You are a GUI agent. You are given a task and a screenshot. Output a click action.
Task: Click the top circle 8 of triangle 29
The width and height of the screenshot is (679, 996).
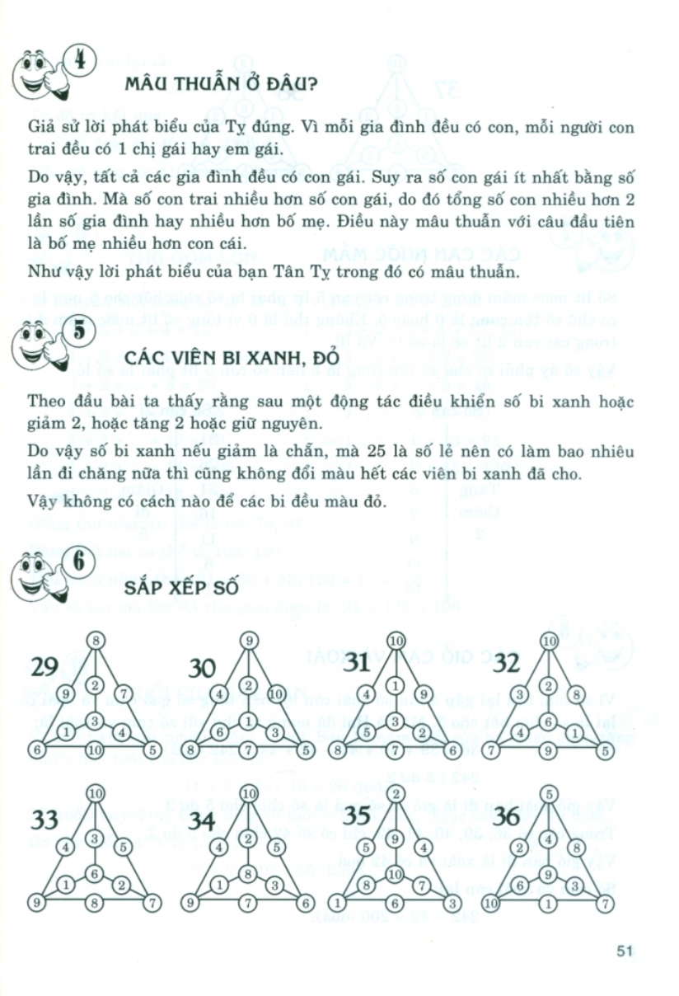(x=96, y=641)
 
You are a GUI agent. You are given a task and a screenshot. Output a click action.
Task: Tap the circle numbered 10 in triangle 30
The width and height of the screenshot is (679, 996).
(x=275, y=693)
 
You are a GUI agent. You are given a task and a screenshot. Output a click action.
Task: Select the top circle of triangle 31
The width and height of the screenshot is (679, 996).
(x=396, y=641)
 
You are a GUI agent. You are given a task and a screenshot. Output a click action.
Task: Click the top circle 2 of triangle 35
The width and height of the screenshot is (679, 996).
(x=396, y=794)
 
